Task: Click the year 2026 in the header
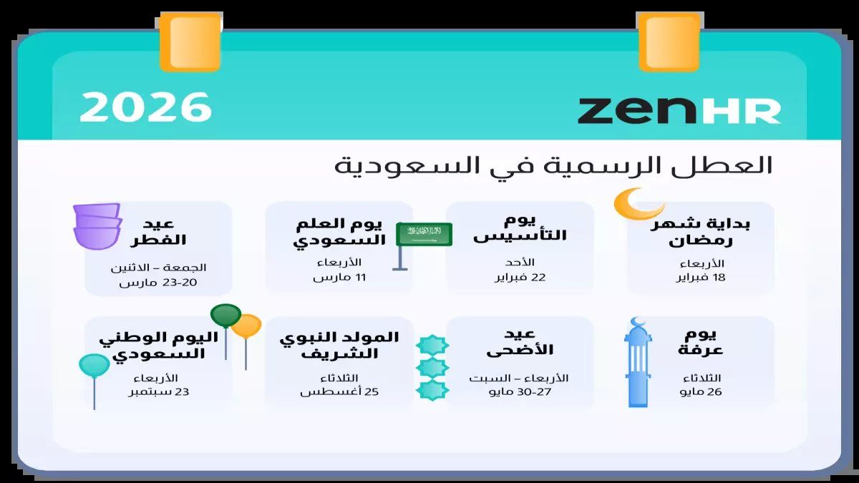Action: click(145, 107)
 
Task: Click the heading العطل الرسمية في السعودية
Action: click(553, 166)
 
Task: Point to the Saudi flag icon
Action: click(424, 233)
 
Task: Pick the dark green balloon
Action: click(225, 316)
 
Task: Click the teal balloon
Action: click(94, 366)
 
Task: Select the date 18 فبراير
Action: click(701, 278)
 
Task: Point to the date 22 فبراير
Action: click(520, 278)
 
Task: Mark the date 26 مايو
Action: click(701, 392)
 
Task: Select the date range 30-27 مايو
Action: click(520, 392)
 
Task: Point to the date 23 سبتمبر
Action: click(158, 392)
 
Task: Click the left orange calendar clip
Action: click(190, 42)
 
